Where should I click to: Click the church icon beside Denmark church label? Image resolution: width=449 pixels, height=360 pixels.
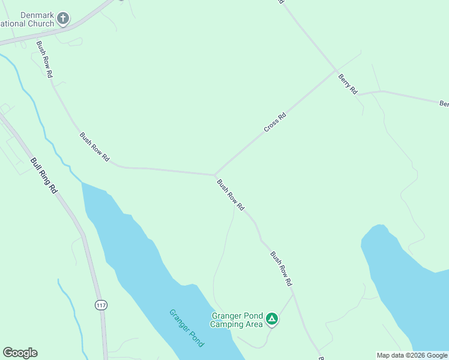click(x=63, y=19)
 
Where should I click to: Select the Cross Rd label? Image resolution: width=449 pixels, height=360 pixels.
click(x=274, y=122)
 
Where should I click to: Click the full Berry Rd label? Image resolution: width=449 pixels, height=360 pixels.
click(x=348, y=84)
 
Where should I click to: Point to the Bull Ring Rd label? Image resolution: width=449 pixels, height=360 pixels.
click(x=44, y=174)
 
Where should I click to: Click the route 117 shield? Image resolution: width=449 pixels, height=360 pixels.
click(x=101, y=305)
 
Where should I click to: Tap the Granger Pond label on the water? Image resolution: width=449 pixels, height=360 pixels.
click(x=187, y=328)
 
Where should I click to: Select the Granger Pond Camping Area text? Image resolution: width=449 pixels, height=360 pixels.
click(x=237, y=320)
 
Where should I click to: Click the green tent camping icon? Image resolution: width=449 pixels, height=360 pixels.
click(x=272, y=319)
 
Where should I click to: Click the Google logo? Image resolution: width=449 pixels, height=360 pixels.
click(x=20, y=353)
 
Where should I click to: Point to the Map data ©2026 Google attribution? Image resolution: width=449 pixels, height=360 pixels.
click(x=412, y=355)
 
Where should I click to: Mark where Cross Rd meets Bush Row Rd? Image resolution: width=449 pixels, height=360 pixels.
click(x=215, y=175)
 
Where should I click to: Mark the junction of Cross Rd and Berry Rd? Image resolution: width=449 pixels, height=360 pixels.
click(x=336, y=70)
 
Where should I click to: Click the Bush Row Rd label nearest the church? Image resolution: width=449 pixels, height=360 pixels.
click(x=44, y=59)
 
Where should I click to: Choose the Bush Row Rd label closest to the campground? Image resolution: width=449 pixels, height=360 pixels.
click(x=281, y=268)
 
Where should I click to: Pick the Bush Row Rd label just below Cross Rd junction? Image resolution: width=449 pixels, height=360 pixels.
click(x=231, y=195)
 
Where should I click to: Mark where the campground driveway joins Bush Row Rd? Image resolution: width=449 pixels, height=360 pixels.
click(x=293, y=293)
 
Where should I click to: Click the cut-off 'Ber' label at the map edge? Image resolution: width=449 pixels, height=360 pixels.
click(x=444, y=104)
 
